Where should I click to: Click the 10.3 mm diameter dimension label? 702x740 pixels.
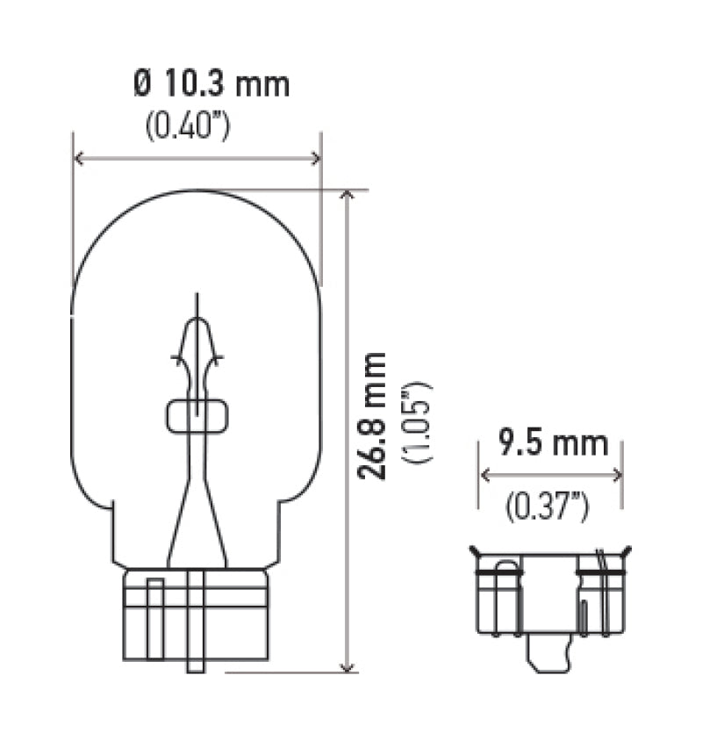[211, 84]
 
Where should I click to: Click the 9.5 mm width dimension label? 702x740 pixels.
[553, 443]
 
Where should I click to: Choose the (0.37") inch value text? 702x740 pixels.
[547, 505]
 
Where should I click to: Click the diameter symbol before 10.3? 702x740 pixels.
[143, 84]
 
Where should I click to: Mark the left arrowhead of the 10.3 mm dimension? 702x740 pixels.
[80, 158]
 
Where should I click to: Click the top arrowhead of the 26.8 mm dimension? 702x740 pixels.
[348, 195]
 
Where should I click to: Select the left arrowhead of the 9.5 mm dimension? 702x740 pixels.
[484, 475]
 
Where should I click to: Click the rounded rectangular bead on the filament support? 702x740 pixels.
[197, 416]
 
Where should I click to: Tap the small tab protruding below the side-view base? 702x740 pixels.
[548, 654]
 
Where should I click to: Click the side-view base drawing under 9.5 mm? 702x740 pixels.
[550, 593]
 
